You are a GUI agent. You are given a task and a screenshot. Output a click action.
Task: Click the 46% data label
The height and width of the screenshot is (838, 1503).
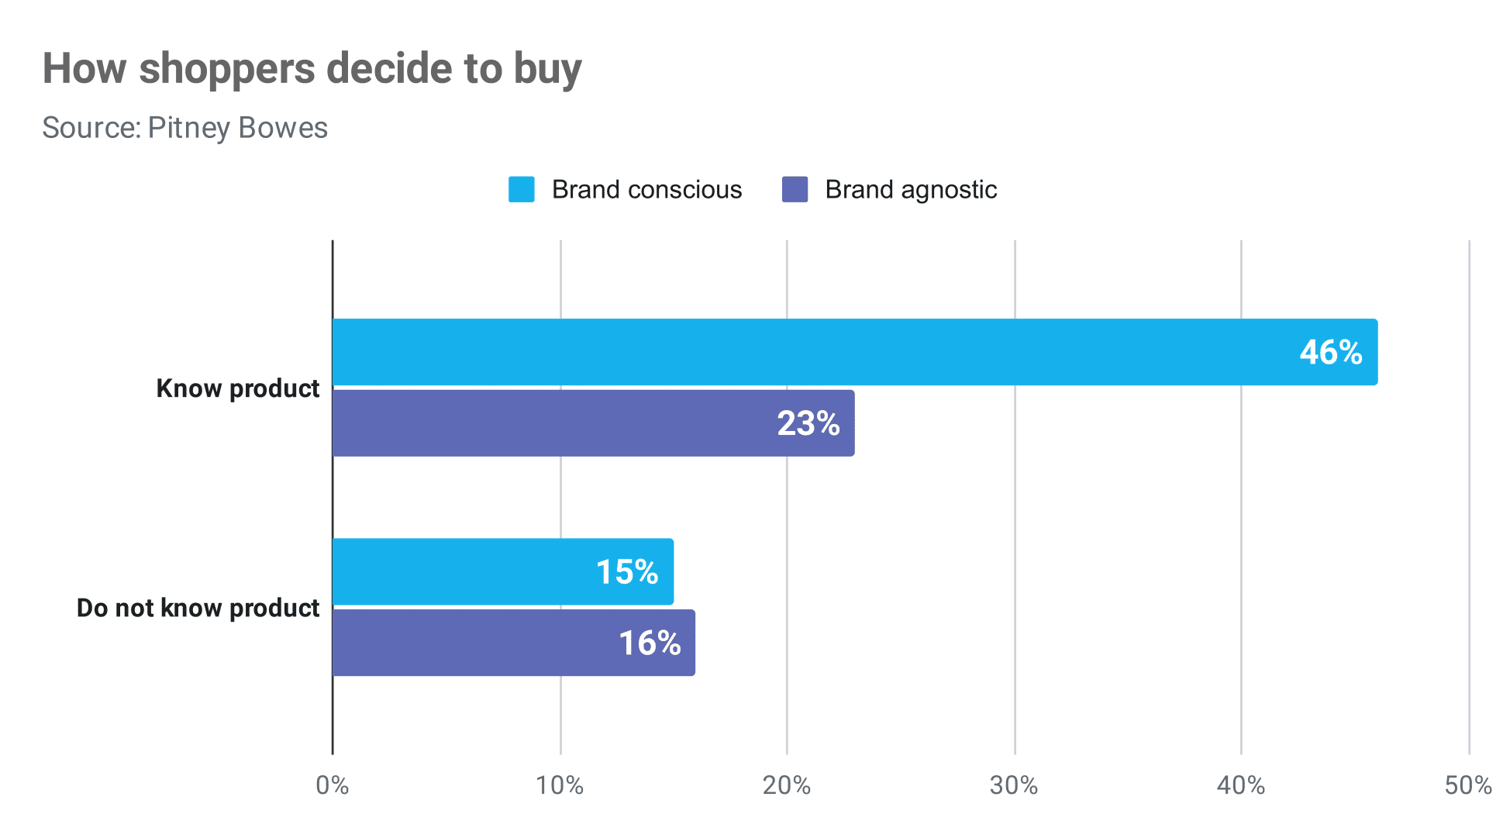[1330, 353]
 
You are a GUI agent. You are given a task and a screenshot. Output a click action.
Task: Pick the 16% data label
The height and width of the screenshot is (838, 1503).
[650, 643]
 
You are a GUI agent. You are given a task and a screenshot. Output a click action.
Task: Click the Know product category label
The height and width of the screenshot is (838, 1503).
[237, 388]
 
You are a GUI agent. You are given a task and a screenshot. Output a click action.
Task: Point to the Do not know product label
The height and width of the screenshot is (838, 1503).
[198, 608]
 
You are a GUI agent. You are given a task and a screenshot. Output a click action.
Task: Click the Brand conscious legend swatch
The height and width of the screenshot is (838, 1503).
[521, 190]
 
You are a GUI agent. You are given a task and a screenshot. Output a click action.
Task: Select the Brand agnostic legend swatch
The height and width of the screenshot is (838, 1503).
[795, 190]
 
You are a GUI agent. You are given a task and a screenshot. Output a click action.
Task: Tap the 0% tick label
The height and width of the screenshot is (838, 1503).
[333, 786]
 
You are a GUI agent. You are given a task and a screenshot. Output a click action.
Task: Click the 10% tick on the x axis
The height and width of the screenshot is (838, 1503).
[560, 786]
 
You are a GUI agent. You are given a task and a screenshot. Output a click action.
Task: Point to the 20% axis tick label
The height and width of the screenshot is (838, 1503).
[786, 786]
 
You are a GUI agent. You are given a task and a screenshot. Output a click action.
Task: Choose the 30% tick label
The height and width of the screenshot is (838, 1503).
[1014, 786]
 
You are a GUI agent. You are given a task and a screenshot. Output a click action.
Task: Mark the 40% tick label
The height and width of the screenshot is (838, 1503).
[1240, 786]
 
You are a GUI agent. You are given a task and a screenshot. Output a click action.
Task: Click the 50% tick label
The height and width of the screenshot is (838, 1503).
[1467, 786]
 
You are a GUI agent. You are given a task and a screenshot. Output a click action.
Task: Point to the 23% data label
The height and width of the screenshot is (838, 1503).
[808, 424]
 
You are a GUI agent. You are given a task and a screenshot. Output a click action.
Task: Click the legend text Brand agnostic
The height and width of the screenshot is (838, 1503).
[911, 190]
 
